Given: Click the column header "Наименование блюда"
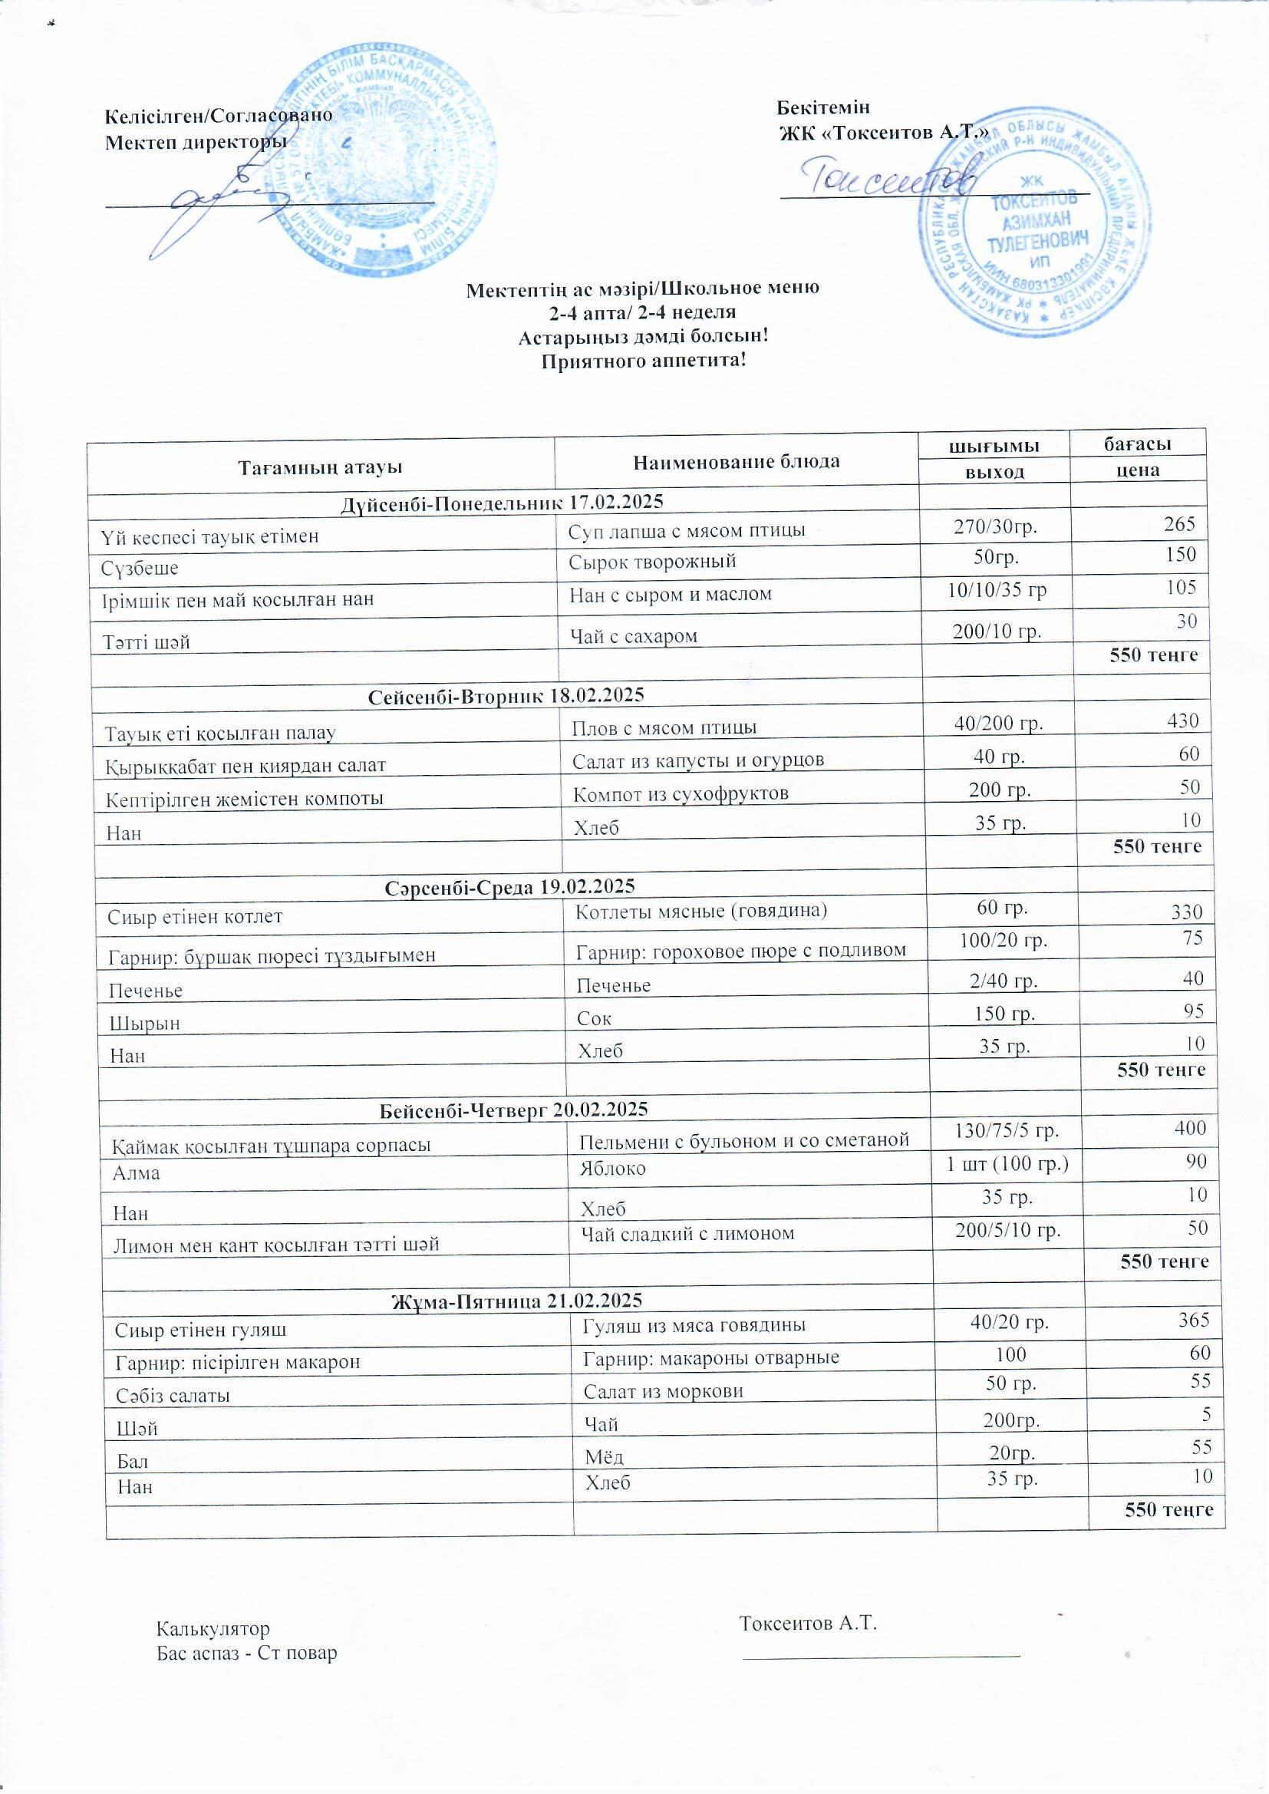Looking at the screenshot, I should [736, 461].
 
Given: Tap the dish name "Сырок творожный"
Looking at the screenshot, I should [651, 561].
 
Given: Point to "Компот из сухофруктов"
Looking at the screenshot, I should [681, 794].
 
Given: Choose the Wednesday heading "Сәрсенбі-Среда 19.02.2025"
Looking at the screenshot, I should [509, 887].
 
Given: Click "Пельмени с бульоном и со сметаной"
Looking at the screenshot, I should [744, 1140].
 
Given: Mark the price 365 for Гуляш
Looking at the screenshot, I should [1193, 1319].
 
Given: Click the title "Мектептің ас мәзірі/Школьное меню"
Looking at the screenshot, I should [642, 289].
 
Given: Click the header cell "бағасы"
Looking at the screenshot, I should [1137, 444].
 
